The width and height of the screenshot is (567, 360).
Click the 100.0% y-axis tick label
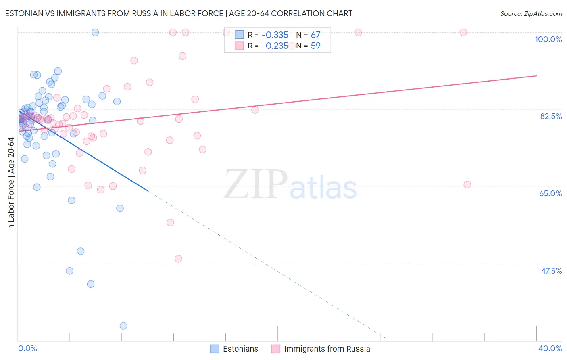click(x=548, y=39)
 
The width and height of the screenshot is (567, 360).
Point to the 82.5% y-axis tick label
click(x=551, y=116)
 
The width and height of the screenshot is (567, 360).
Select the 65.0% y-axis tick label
click(x=550, y=193)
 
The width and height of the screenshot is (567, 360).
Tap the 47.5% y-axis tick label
click(x=551, y=271)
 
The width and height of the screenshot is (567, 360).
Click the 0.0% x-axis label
click(x=27, y=348)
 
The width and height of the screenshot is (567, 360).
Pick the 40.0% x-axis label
click(x=550, y=348)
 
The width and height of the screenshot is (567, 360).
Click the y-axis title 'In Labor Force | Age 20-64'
click(x=11, y=184)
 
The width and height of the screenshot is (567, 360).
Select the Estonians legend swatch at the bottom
click(x=215, y=349)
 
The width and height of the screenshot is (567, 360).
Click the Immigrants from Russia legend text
click(x=327, y=349)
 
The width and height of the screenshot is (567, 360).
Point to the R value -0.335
click(x=275, y=35)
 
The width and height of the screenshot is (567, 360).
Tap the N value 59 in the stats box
click(x=315, y=46)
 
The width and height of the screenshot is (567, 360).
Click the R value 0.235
click(x=277, y=46)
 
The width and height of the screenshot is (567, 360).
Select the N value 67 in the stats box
click(x=315, y=35)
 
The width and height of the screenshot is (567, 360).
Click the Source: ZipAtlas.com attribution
click(x=531, y=13)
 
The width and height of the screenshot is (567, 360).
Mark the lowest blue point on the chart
click(x=123, y=326)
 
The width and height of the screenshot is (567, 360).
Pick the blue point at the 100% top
click(x=95, y=32)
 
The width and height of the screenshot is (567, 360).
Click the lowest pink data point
click(x=178, y=259)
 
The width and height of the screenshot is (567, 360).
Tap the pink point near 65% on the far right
click(x=467, y=184)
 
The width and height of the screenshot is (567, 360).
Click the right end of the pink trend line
click(x=536, y=75)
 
